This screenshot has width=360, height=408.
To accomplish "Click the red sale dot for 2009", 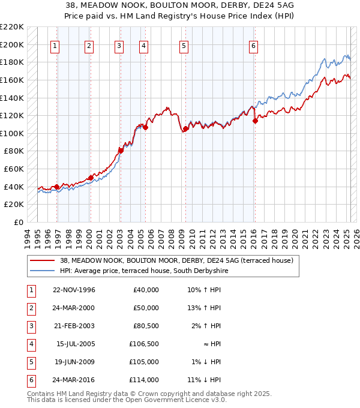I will click(x=185, y=128).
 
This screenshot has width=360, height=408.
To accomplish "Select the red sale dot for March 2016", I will click(x=255, y=121).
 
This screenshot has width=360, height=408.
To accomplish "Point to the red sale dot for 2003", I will click(x=121, y=151).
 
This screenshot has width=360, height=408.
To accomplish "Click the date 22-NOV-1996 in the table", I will click(x=74, y=290).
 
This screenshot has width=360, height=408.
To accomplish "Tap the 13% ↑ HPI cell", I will click(x=205, y=308).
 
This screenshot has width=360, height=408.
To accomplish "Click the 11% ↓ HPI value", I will click(x=205, y=380).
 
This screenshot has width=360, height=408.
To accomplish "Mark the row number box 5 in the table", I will click(x=30, y=362).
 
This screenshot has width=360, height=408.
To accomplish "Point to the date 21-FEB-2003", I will click(x=74, y=326).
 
